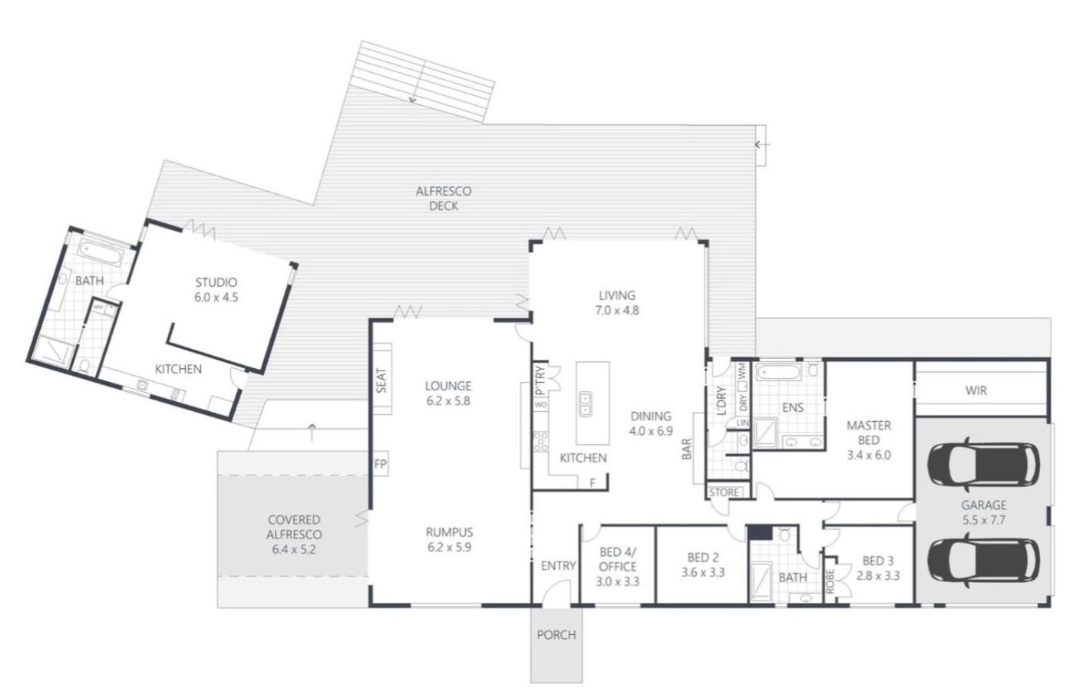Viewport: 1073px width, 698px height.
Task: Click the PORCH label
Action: coord(556,635)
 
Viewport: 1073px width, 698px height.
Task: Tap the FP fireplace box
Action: coord(381,464)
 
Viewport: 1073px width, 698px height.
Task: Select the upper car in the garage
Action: coord(983,464)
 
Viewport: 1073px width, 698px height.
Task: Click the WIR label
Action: coord(976,390)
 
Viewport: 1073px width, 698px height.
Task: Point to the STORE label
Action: coord(724,492)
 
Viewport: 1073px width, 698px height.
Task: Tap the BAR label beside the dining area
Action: coord(687,449)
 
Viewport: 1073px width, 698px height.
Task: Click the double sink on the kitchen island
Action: coord(584,403)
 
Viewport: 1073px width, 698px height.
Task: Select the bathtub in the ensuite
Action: coord(778,373)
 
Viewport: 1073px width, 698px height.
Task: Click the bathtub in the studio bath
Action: coord(101,252)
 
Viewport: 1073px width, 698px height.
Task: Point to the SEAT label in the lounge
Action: coord(381,380)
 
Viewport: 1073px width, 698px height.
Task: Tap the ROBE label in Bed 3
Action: coord(830,581)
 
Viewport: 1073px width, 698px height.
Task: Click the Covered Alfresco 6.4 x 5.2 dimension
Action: coord(294,550)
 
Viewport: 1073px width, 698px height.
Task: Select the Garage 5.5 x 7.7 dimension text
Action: coord(983,519)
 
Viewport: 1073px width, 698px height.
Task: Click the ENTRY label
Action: coord(558,566)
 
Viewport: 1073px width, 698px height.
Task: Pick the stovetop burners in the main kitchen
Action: coord(541,441)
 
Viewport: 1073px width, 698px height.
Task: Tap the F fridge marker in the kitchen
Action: coord(593,483)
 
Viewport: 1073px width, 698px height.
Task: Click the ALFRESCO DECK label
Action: coord(444,199)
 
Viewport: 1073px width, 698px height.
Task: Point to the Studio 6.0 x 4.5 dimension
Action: coord(216,298)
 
